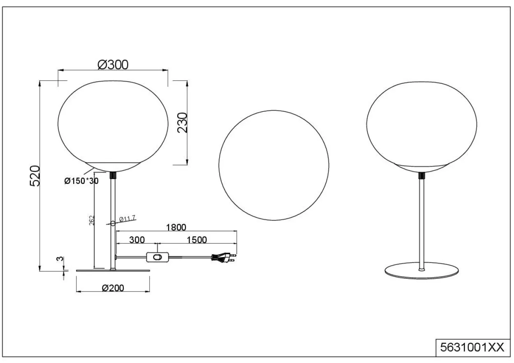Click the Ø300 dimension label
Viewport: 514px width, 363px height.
(x=113, y=65)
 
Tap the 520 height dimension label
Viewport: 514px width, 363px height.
(x=35, y=176)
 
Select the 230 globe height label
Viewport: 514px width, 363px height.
(x=183, y=123)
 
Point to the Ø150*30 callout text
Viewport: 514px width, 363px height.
(x=81, y=181)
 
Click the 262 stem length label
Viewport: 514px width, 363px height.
(x=92, y=220)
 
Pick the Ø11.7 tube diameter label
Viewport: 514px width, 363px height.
(x=127, y=218)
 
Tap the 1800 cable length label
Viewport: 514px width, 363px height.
(x=176, y=227)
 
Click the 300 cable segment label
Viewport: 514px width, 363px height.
(x=137, y=240)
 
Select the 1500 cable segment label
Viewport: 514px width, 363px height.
(x=197, y=240)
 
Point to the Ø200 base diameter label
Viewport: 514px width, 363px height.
(x=113, y=288)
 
